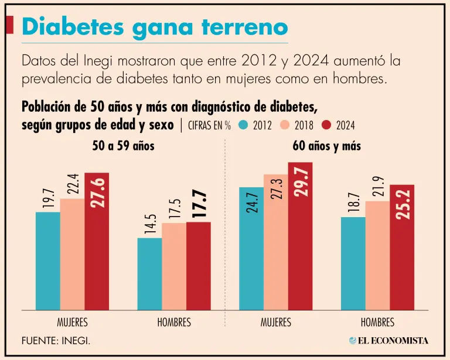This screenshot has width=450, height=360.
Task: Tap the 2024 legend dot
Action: tap(326, 125)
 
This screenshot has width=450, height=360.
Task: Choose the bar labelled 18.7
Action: tap(353, 263)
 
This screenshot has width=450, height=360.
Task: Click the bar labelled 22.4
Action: tap(72, 254)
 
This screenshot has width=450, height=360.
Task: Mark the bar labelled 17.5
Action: tap(174, 266)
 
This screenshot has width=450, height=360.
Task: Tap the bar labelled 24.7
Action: tap(251, 249)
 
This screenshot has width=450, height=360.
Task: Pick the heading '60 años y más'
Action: tap(326, 146)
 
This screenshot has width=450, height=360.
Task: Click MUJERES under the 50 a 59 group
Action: tap(72, 323)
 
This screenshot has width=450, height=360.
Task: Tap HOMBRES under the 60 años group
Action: tap(377, 323)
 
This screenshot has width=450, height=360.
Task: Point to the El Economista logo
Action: tap(388, 341)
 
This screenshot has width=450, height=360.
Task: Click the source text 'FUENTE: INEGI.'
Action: tap(56, 341)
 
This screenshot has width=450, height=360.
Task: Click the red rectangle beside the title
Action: tap(9, 25)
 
